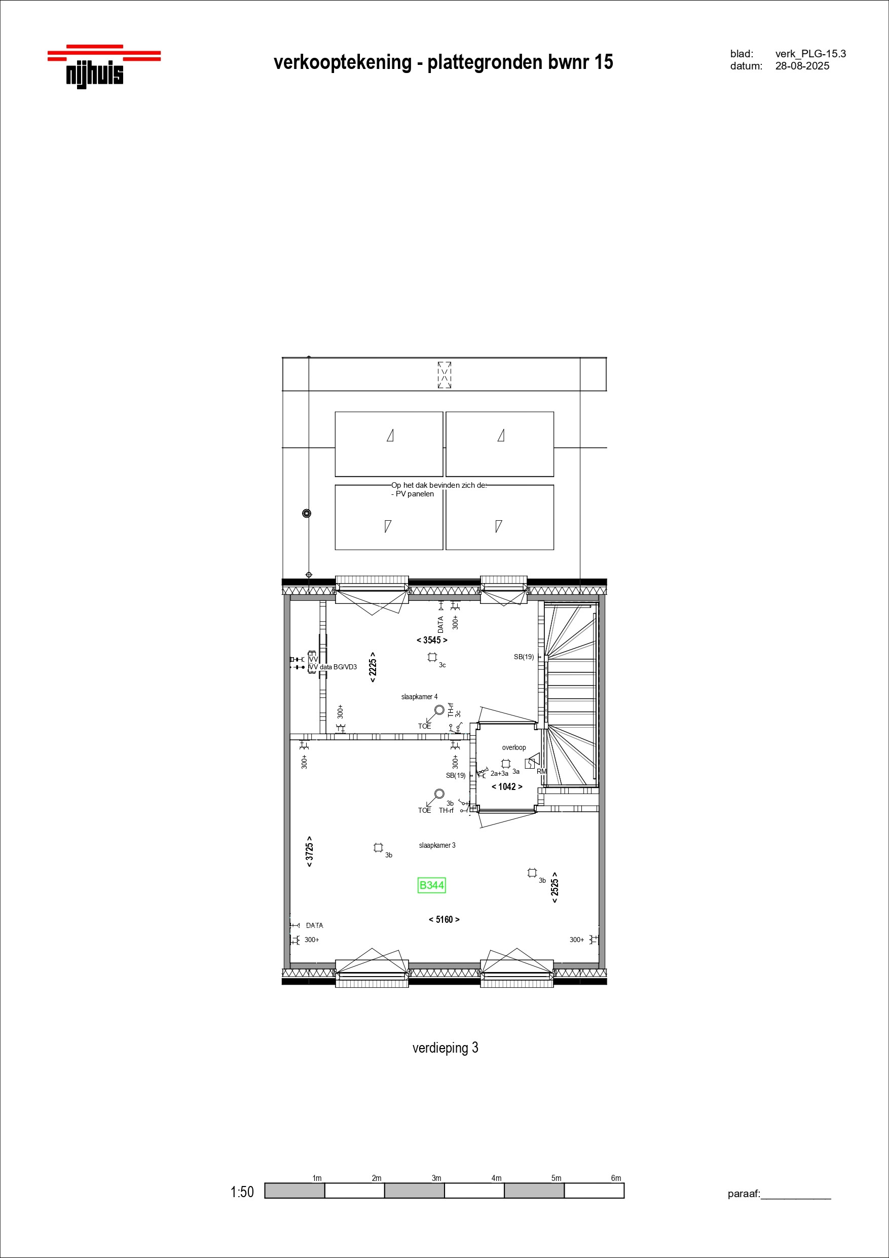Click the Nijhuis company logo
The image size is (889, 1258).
pyautogui.click(x=104, y=66)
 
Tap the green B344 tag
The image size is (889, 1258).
pyautogui.click(x=432, y=885)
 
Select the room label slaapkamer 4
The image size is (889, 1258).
pyautogui.click(x=420, y=697)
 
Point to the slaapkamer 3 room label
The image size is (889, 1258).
pyautogui.click(x=437, y=845)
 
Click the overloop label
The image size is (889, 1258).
pyautogui.click(x=514, y=747)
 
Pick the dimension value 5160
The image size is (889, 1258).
pyautogui.click(x=444, y=919)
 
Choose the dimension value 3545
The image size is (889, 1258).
pyautogui.click(x=432, y=640)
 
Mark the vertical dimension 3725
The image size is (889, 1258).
pyautogui.click(x=310, y=851)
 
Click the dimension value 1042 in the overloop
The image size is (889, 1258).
pyautogui.click(x=507, y=787)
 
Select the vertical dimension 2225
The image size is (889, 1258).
pyautogui.click(x=373, y=667)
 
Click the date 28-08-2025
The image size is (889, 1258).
pyautogui.click(x=802, y=66)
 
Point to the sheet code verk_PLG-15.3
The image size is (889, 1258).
pyautogui.click(x=810, y=54)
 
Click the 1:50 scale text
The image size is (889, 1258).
pyautogui.click(x=242, y=1192)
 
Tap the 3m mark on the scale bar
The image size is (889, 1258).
pyautogui.click(x=436, y=1178)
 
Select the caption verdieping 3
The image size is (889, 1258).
pyautogui.click(x=446, y=1048)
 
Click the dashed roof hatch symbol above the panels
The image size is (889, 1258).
pyautogui.click(x=444, y=375)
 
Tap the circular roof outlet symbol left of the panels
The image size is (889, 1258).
pyautogui.click(x=307, y=513)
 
